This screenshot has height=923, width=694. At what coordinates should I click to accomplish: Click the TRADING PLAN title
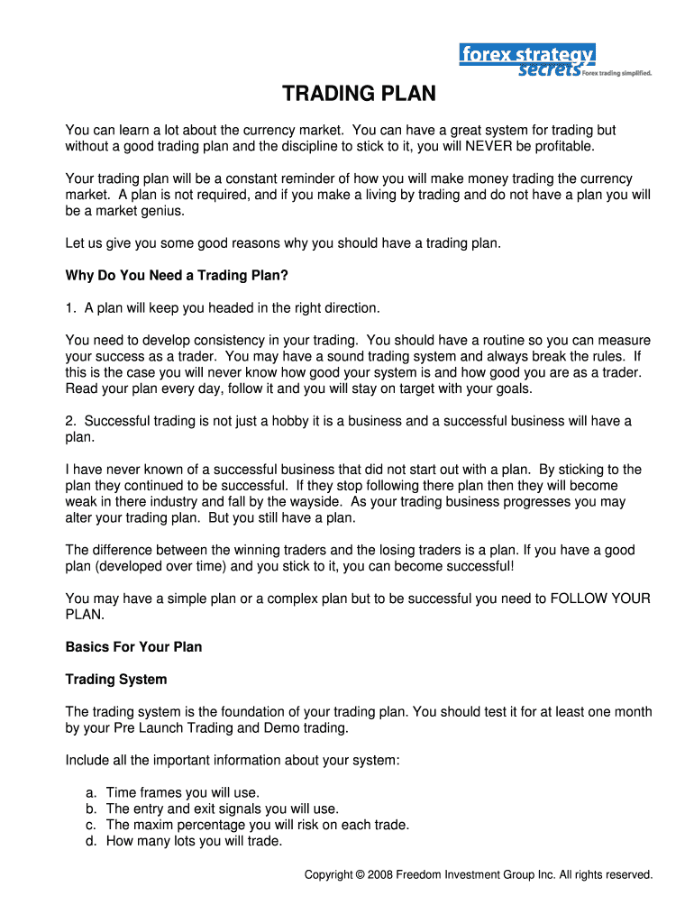pyautogui.click(x=359, y=94)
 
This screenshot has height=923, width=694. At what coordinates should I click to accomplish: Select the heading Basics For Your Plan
pyautogui.click(x=133, y=647)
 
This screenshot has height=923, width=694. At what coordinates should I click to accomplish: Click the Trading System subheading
pyautogui.click(x=116, y=679)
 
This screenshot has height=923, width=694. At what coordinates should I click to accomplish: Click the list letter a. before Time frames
pyautogui.click(x=91, y=793)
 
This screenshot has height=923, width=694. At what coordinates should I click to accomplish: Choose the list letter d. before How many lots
pyautogui.click(x=91, y=842)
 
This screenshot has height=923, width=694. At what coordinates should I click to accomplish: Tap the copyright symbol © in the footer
pyautogui.click(x=361, y=875)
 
